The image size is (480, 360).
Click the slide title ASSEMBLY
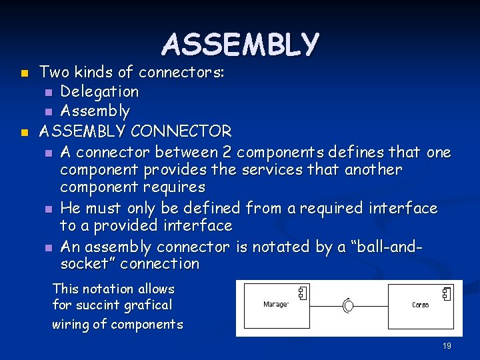tap(240, 45)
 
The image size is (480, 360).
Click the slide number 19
tap(447, 346)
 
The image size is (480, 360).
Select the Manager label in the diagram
tap(276, 305)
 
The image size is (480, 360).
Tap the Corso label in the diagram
tap(420, 305)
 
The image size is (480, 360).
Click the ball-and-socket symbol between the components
tap(347, 305)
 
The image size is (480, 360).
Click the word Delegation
tap(99, 91)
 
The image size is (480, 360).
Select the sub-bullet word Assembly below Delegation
tap(95, 111)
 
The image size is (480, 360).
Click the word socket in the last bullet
tap(83, 264)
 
